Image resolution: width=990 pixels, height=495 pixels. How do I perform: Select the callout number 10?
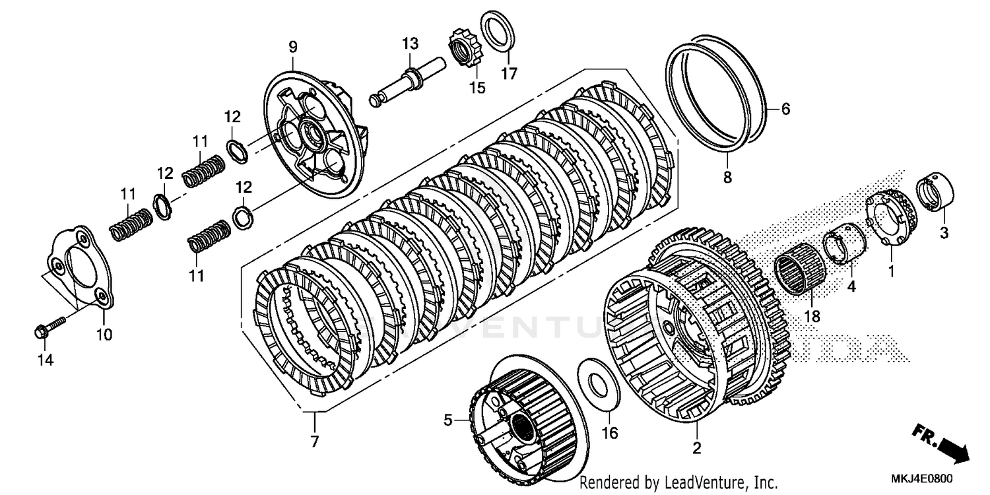coord(104,335)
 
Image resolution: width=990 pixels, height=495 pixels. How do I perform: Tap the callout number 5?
coord(447,420)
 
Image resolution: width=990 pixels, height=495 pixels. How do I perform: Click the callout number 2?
coord(696,449)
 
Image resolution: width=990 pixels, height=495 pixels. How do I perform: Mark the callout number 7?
coord(314,442)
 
